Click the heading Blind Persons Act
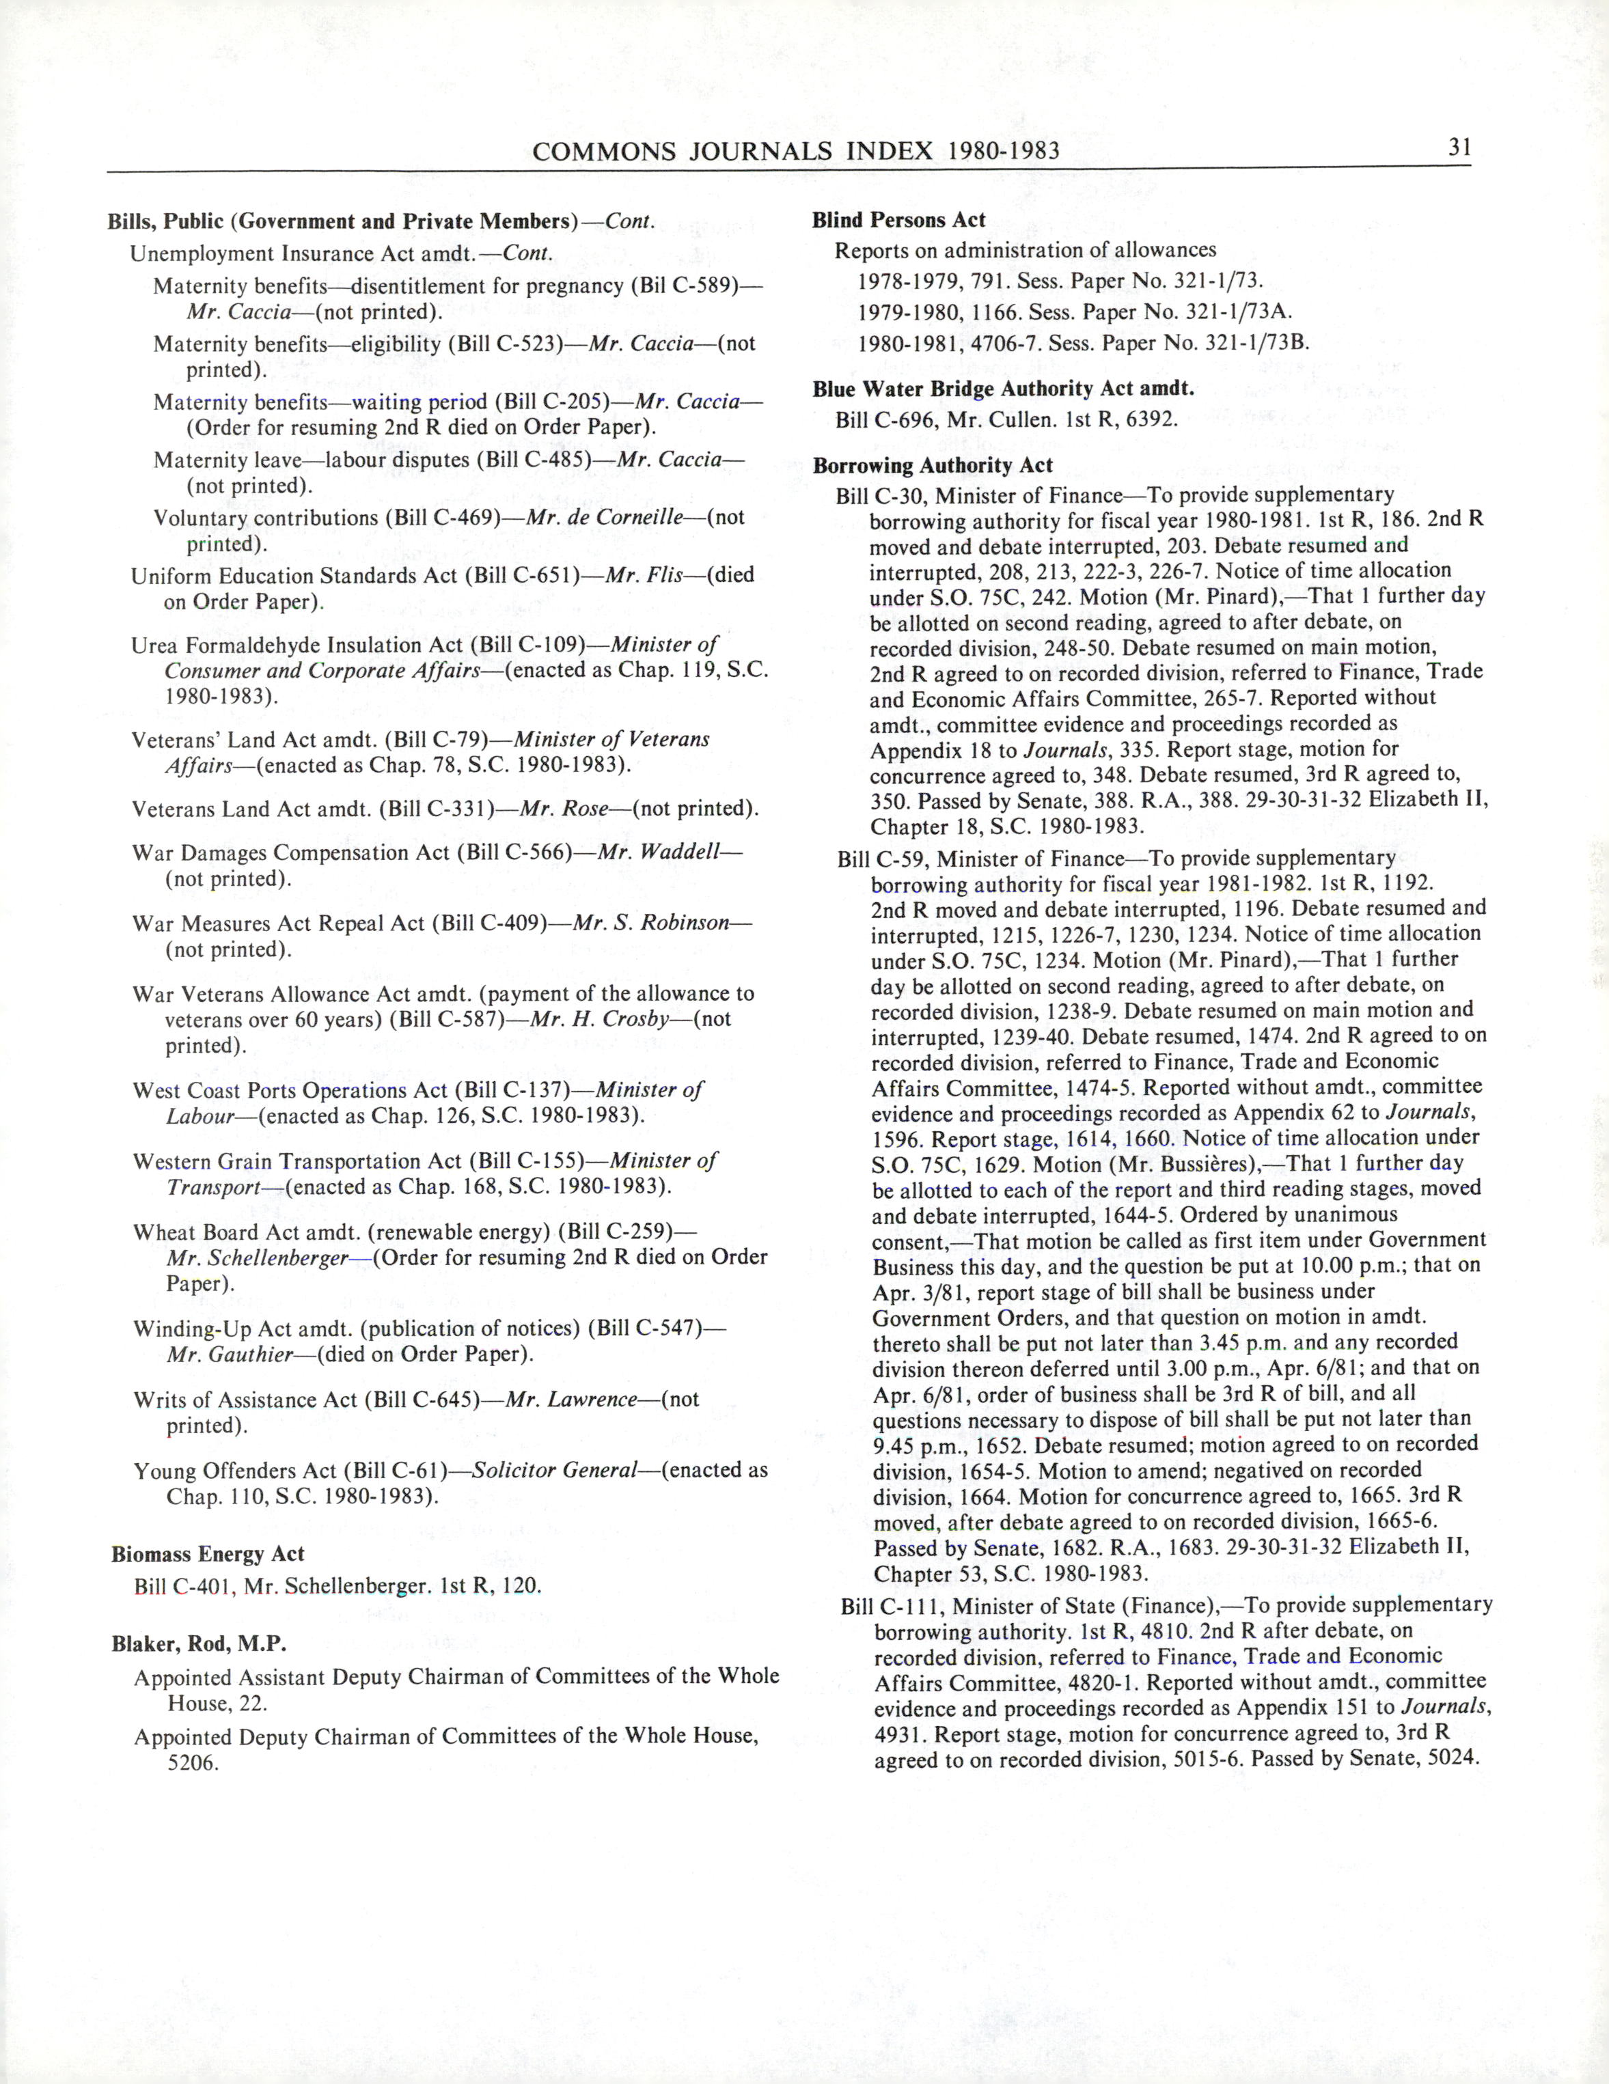pos(898,221)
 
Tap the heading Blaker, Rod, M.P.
pos(199,1643)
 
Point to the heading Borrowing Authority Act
pos(933,466)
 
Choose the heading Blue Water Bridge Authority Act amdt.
pos(1003,389)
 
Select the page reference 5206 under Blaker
pos(194,1762)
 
